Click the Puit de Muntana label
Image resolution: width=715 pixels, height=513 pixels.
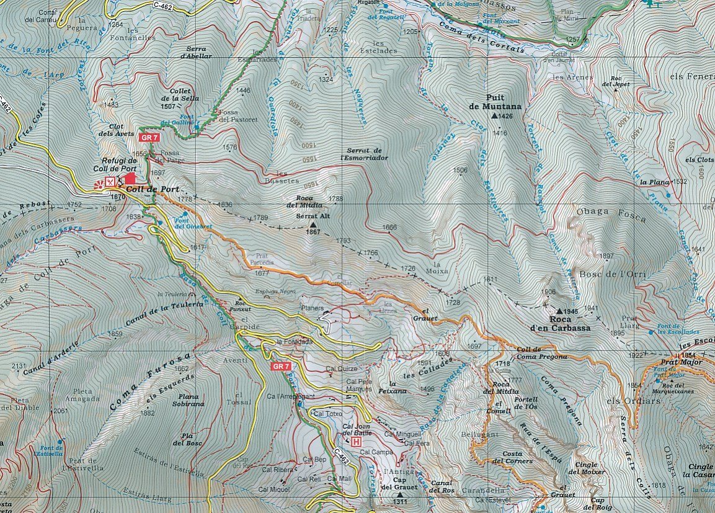tap(495, 101)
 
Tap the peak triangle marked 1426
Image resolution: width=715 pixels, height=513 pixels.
tap(495, 116)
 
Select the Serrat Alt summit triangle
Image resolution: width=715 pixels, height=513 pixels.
tap(313, 225)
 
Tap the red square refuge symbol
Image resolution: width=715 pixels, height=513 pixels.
tap(130, 179)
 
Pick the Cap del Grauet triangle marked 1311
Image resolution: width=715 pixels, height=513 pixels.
tap(399, 495)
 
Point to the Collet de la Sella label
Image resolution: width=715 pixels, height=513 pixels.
tap(175, 95)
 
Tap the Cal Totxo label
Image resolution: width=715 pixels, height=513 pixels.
tap(327, 413)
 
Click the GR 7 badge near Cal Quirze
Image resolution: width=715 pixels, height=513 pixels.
tap(281, 367)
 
